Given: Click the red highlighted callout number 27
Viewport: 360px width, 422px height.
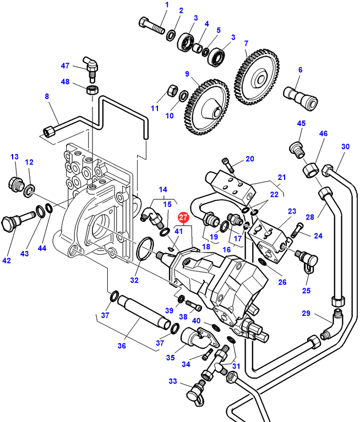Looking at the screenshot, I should [x=183, y=218].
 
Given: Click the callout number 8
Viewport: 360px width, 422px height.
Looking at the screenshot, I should [x=47, y=97].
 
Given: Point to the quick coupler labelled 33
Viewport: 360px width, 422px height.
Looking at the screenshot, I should [x=196, y=391].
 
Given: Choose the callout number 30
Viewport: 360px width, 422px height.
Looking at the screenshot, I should [x=345, y=147].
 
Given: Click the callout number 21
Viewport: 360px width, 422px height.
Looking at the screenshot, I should [x=281, y=177].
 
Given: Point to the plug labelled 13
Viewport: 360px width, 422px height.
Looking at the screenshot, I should [x=16, y=184].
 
